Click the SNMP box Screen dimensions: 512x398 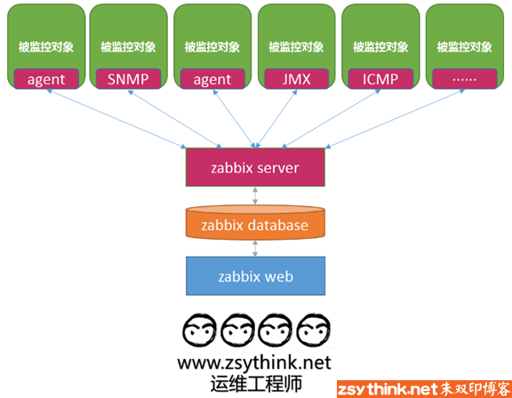tap(128, 78)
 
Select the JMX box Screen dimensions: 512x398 tap(296, 78)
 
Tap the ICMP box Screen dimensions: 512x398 tap(380, 78)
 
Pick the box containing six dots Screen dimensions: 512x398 tap(465, 78)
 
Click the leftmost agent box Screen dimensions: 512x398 tap(46, 78)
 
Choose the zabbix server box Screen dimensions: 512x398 tap(255, 167)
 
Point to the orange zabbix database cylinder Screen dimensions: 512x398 tap(255, 222)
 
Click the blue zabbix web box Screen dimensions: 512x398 tap(255, 276)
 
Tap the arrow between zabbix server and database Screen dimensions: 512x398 tap(255, 195)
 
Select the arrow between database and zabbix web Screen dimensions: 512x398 tap(255, 249)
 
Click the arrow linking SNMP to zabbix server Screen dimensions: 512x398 tap(175, 119)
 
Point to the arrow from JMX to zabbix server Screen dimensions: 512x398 tap(276, 119)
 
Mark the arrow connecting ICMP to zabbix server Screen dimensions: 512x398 tap(331, 119)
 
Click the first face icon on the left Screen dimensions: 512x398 tap(199, 330)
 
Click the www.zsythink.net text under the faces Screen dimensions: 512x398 tap(254, 362)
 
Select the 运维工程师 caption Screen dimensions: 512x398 tap(256, 383)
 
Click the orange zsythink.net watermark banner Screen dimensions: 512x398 tap(424, 389)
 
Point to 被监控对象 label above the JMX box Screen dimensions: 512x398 tap(296, 47)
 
